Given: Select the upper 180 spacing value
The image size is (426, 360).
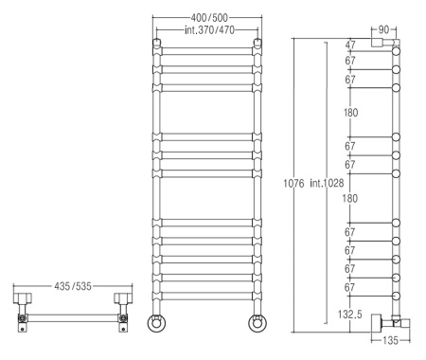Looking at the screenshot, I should [x=350, y=113].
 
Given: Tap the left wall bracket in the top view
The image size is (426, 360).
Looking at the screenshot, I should [x=23, y=313].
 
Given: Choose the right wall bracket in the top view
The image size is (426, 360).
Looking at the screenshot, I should [x=121, y=313].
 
